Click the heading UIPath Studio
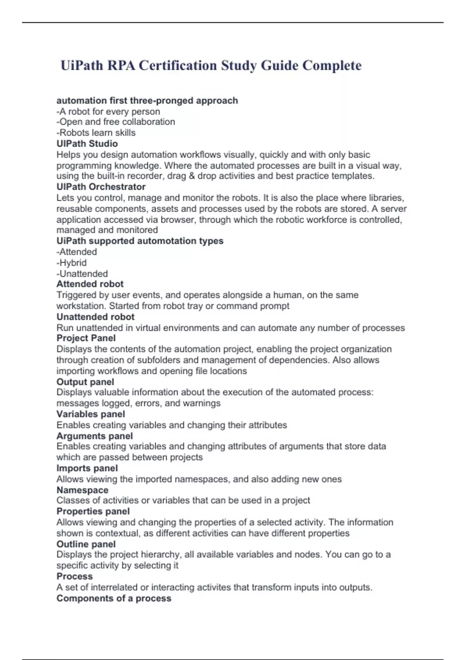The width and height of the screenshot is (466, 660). (87, 144)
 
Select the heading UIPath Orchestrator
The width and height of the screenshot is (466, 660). (101, 187)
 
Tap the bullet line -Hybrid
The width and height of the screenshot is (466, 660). (71, 263)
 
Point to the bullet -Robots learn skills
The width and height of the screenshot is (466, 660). (96, 133)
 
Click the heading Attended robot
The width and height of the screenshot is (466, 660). (90, 284)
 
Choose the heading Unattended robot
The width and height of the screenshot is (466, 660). (95, 317)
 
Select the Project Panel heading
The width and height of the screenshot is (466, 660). (86, 338)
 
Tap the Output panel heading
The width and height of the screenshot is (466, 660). (85, 382)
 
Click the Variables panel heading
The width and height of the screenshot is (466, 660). (90, 414)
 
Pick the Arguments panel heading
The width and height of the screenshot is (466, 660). (94, 436)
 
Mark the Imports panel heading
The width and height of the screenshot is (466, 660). (87, 468)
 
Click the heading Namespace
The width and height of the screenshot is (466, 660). (82, 490)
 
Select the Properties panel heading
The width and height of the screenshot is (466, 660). (93, 511)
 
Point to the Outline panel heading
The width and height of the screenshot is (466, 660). (86, 544)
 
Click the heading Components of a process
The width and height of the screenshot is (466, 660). (114, 598)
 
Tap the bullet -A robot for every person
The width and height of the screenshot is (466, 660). (108, 112)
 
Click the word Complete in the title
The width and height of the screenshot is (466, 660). (332, 66)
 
